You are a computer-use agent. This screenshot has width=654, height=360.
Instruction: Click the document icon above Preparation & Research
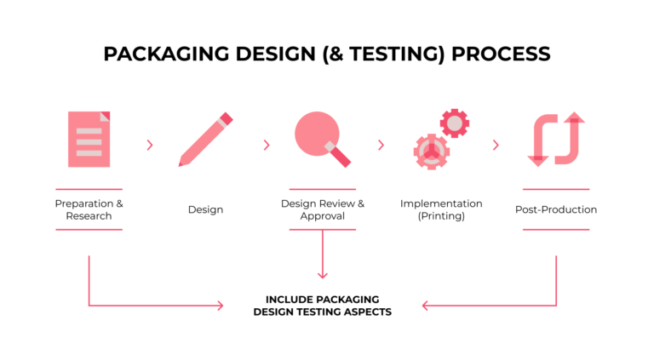tap(89, 139)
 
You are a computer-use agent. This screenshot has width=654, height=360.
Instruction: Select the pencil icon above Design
tap(205, 139)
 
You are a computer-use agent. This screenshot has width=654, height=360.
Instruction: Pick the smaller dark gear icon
tap(455, 123)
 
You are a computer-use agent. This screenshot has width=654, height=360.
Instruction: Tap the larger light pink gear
tap(431, 151)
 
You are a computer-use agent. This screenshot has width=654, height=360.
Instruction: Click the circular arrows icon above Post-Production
tap(556, 139)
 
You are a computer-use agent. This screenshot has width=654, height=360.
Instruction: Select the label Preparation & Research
tap(89, 209)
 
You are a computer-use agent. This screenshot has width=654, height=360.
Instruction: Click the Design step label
tap(205, 209)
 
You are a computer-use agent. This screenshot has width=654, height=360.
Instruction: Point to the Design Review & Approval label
tap(322, 209)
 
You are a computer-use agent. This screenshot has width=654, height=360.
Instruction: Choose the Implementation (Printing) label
tap(441, 209)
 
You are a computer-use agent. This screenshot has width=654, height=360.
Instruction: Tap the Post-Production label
tap(556, 209)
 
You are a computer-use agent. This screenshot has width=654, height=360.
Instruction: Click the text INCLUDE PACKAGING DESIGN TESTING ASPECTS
tap(322, 306)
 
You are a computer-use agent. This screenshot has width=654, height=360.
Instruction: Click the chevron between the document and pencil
tap(150, 145)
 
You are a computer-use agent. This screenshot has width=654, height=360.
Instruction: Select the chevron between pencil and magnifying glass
tap(267, 145)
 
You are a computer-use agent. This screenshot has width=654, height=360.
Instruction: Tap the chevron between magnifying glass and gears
tap(381, 145)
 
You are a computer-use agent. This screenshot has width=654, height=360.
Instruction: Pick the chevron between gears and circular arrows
tap(496, 145)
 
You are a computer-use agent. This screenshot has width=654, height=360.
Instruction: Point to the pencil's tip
tap(181, 163)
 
